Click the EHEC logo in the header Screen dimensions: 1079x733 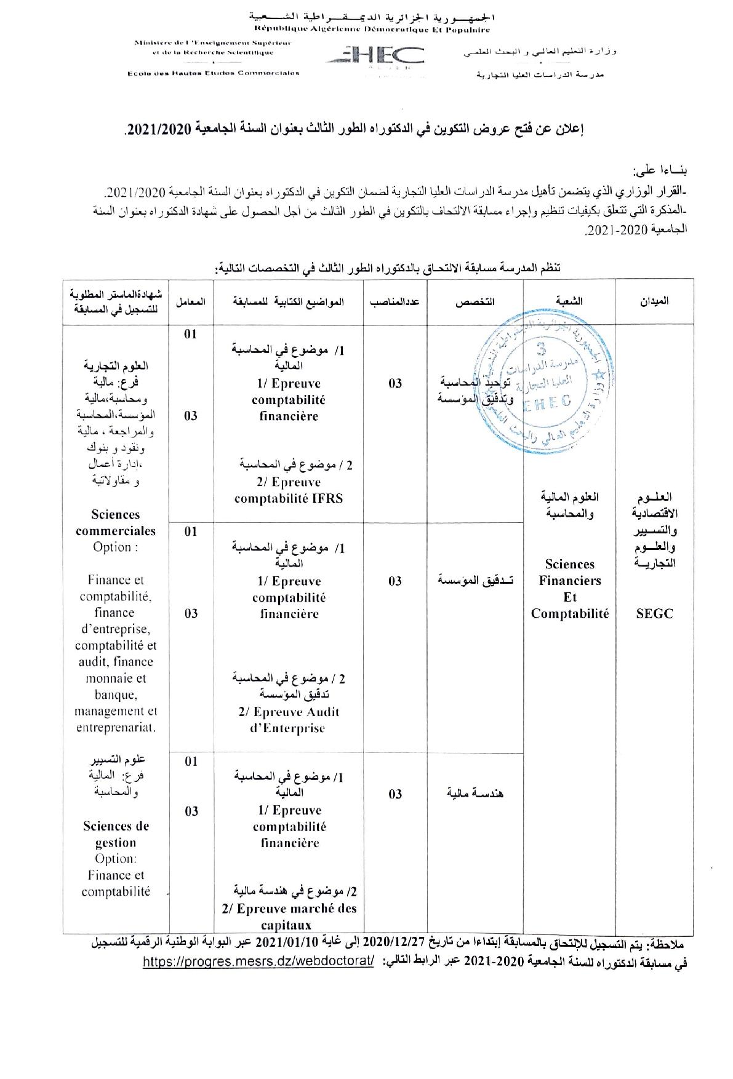point(374,56)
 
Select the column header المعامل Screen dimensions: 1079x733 point(191,301)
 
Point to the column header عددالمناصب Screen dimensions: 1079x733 point(395,301)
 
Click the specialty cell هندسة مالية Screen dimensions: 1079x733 point(475,794)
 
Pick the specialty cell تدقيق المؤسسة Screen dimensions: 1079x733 point(475,580)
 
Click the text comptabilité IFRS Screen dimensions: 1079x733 point(288,498)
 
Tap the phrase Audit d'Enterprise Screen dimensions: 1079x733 point(288,720)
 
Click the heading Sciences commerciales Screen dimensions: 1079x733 point(116,522)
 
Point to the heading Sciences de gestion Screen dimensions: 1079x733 point(116,834)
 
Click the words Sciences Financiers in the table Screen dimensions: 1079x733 point(570,572)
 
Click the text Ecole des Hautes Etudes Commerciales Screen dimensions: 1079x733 point(213,73)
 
